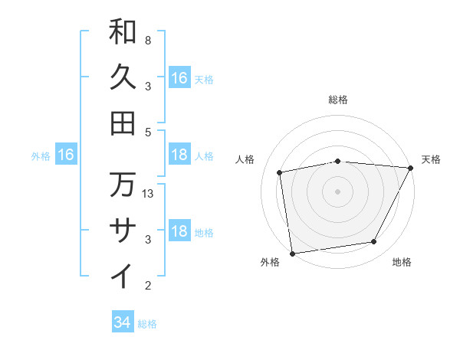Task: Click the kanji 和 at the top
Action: coord(123,31)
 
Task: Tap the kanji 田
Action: coord(123,123)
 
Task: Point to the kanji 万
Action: coord(123,184)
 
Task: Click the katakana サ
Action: coord(123,229)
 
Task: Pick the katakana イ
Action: coord(123,275)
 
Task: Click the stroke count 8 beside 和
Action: coord(147,40)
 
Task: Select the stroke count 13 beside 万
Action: coord(149,193)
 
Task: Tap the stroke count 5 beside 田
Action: coord(147,132)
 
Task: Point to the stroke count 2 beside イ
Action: coord(147,286)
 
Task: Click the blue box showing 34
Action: coord(122,322)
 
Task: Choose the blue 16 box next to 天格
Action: coord(179,78)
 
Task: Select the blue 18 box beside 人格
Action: coord(179,155)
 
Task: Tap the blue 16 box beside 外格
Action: coord(66,155)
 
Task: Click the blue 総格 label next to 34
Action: coord(147,324)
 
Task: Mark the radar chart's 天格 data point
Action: coord(411,168)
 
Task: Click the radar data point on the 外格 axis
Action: coord(292,253)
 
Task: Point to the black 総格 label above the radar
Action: coord(337,100)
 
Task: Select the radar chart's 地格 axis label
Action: coord(402,263)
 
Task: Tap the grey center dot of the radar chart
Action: coord(337,191)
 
